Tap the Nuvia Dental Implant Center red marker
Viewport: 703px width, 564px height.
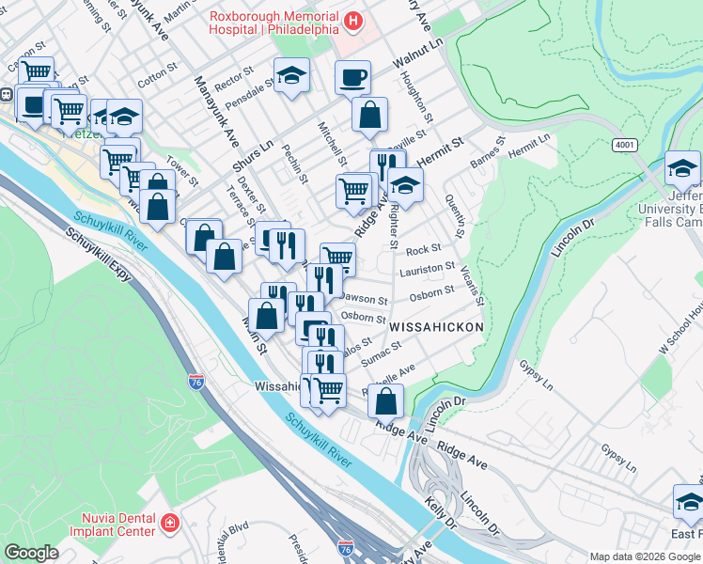point(169,523)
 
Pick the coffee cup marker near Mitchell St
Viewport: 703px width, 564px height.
point(352,78)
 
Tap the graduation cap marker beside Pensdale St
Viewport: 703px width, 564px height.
point(292,75)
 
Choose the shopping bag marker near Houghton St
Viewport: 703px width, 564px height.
point(370,115)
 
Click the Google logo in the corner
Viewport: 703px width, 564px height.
point(31,552)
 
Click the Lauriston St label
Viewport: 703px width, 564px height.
point(427,270)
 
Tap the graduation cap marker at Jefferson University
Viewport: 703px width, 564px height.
point(682,167)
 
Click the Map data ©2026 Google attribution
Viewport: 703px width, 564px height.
point(645,556)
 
